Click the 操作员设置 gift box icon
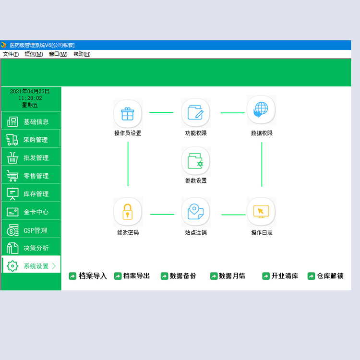tap(128, 114)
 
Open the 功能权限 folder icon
tap(196, 113)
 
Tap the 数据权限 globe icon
tap(261, 110)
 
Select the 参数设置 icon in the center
tap(196, 161)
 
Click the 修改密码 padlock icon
tap(128, 212)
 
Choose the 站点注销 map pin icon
tap(196, 212)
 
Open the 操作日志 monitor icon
tap(261, 212)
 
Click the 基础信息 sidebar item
tap(31, 121)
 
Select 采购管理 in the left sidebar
tap(31, 139)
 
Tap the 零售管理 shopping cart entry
tap(31, 175)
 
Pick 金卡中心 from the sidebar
tap(31, 212)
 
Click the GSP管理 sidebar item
tap(31, 229)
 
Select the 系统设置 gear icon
tap(12, 266)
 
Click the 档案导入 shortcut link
tap(88, 276)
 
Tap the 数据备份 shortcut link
tap(179, 276)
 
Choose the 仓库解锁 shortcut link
tap(325, 276)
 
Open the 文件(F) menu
tap(11, 54)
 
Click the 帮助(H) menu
tap(82, 54)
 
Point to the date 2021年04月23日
tap(30, 91)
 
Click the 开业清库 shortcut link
tap(280, 276)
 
